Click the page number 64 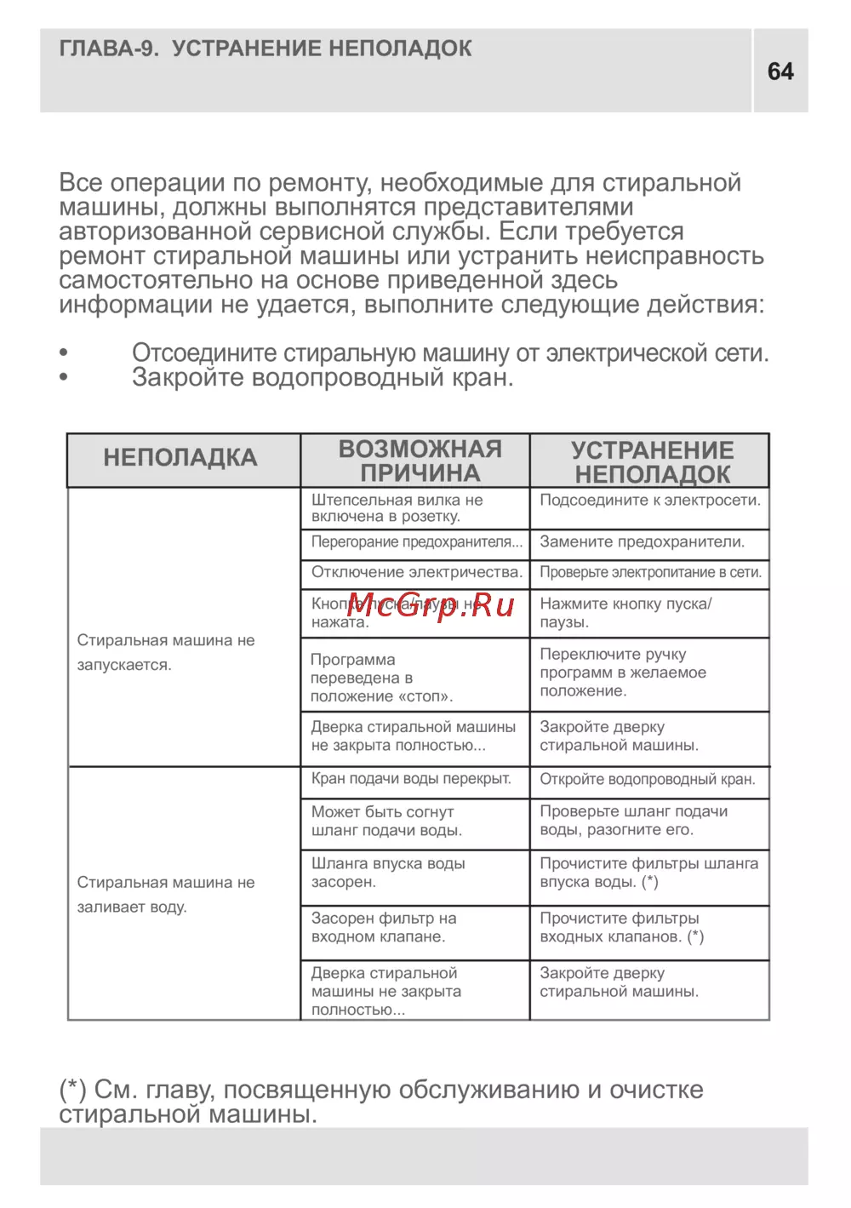pyautogui.click(x=780, y=72)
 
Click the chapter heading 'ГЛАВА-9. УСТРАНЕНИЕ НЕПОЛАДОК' pyautogui.click(x=266, y=49)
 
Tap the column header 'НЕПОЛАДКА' pyautogui.click(x=180, y=458)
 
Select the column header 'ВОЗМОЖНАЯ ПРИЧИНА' pyautogui.click(x=420, y=461)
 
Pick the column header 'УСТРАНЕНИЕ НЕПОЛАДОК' pyautogui.click(x=652, y=462)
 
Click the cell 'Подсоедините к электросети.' pyautogui.click(x=649, y=501)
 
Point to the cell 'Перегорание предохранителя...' pyautogui.click(x=416, y=542)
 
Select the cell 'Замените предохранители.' pyautogui.click(x=642, y=542)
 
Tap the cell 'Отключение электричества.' pyautogui.click(x=416, y=573)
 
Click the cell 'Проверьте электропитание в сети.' pyautogui.click(x=650, y=573)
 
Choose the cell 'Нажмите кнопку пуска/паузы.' pyautogui.click(x=625, y=613)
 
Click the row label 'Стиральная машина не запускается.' pyautogui.click(x=166, y=652)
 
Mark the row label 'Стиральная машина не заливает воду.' pyautogui.click(x=166, y=895)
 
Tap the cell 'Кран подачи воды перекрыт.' pyautogui.click(x=411, y=779)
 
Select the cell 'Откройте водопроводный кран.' pyautogui.click(x=647, y=780)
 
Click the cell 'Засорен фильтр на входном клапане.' pyautogui.click(x=384, y=928)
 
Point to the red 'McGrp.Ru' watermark pyautogui.click(x=431, y=605)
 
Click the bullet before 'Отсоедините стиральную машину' pyautogui.click(x=64, y=352)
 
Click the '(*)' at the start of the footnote pyautogui.click(x=72, y=1090)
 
